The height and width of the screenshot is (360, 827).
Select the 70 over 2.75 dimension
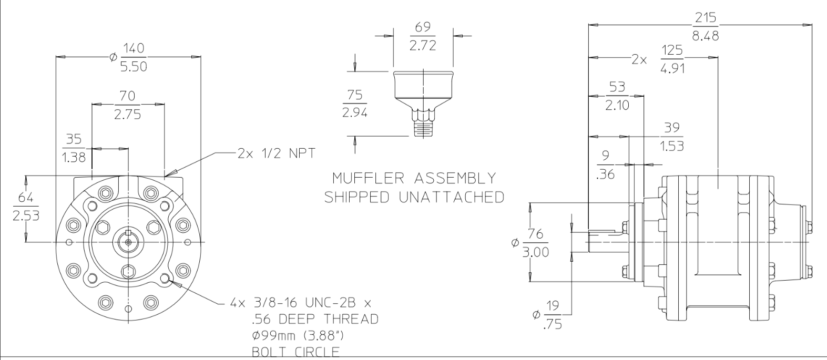point(128,105)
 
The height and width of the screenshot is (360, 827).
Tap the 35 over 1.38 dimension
point(74,148)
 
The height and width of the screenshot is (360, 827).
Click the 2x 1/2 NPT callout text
point(275,153)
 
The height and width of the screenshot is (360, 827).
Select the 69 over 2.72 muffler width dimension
point(422,36)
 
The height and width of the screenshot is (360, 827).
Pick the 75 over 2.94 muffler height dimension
point(354,104)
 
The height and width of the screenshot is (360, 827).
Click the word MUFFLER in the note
point(363,178)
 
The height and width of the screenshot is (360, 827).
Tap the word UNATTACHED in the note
point(447,197)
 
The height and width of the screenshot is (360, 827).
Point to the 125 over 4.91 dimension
point(672,59)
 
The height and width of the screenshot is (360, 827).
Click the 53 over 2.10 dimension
point(617,96)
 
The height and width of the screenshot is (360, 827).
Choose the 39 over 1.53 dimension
point(671,136)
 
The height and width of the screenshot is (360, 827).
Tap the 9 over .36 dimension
point(605,164)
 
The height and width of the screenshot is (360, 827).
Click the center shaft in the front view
point(128,242)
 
